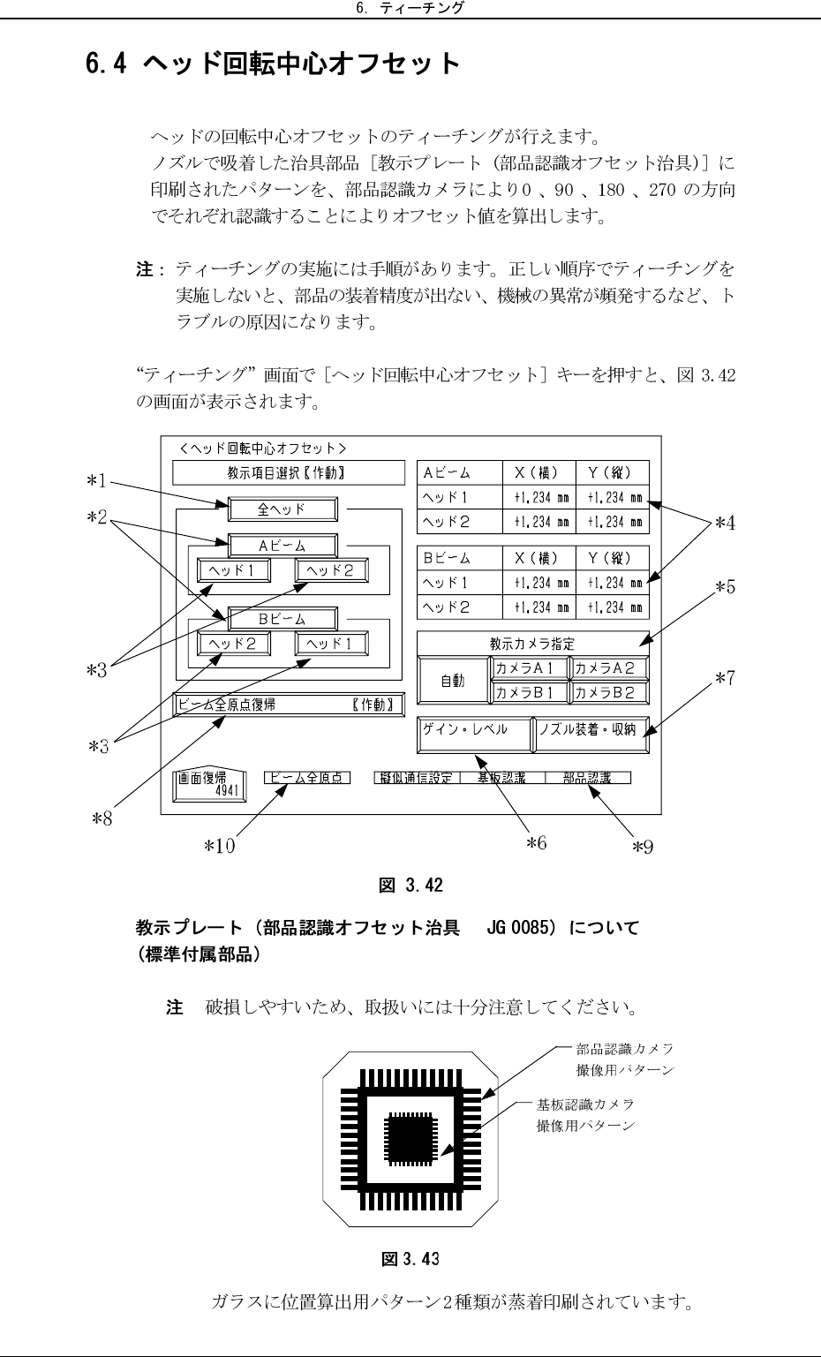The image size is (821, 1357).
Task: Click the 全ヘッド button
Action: tap(282, 509)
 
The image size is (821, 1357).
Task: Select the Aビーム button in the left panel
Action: tap(282, 546)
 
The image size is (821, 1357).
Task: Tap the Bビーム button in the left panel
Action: tap(282, 618)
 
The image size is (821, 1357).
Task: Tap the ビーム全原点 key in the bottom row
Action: tap(307, 778)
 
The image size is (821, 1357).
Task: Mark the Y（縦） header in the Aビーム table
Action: tap(612, 472)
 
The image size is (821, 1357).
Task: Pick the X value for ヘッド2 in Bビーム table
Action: tap(539, 607)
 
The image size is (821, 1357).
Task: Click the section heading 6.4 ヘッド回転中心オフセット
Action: tap(272, 64)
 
